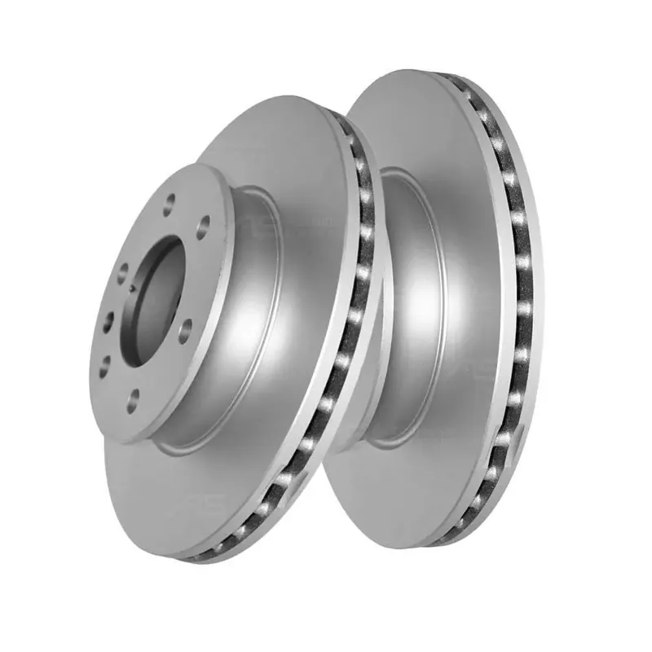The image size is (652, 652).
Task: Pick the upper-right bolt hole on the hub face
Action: [x=203, y=222]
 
